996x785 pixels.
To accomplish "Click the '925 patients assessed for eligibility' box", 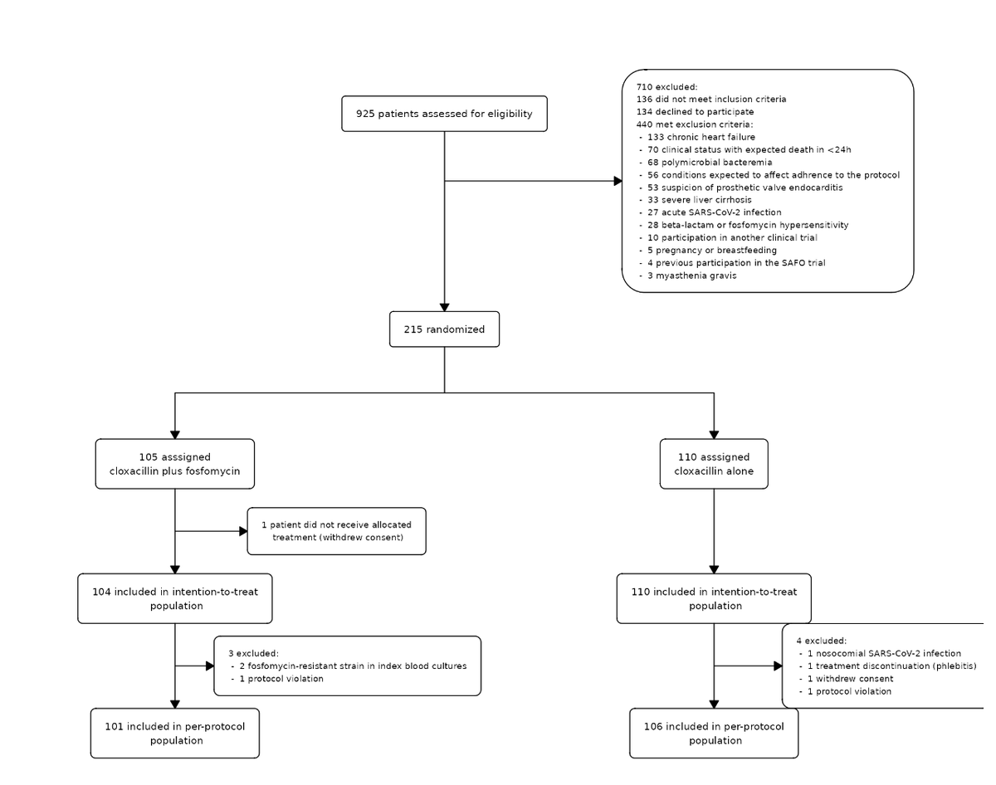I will pyautogui.click(x=444, y=114).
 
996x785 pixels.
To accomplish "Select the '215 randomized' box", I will pyautogui.click(x=444, y=329).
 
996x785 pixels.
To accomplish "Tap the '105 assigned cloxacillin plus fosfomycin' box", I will pyautogui.click(x=174, y=464).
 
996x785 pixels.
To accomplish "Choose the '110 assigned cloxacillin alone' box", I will pyautogui.click(x=714, y=464).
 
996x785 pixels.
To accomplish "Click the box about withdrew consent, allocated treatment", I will pyautogui.click(x=336, y=531).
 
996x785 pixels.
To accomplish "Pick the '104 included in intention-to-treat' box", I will pyautogui.click(x=174, y=598).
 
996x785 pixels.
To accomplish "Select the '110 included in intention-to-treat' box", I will pyautogui.click(x=714, y=598).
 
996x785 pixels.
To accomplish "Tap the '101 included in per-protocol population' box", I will pyautogui.click(x=174, y=733).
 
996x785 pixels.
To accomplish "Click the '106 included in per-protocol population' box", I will pyautogui.click(x=714, y=733).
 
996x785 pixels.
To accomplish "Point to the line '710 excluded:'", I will pyautogui.click(x=666, y=86).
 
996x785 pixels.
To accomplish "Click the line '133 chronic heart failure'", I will pyautogui.click(x=701, y=137).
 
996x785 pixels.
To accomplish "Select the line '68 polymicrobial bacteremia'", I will pyautogui.click(x=709, y=162).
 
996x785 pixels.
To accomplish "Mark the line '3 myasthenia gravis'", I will pyautogui.click(x=691, y=275).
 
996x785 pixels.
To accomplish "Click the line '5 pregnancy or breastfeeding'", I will pyautogui.click(x=711, y=250).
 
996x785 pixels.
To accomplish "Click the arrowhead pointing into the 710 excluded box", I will pyautogui.click(x=618, y=181).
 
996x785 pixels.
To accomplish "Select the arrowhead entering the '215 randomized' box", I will pyautogui.click(x=444, y=307).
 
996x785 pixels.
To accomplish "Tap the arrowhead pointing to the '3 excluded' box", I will pyautogui.click(x=209, y=666).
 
